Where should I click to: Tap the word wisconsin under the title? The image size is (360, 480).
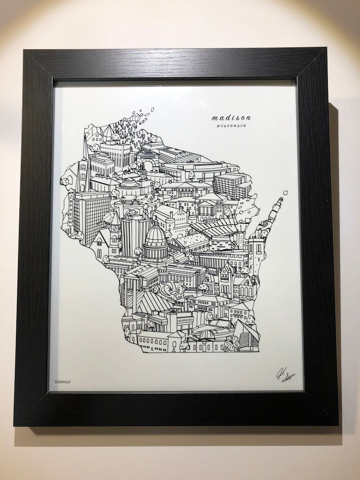[228, 126]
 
